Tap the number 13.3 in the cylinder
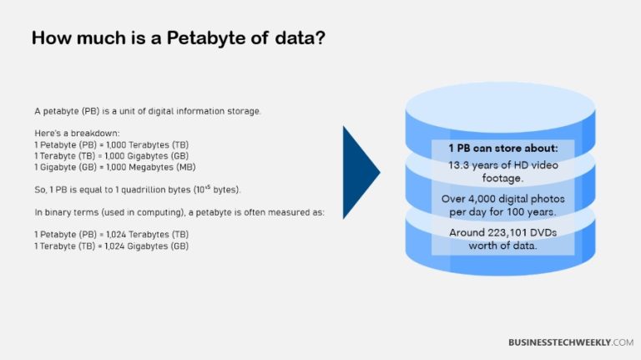tap(460, 165)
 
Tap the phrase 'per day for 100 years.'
tap(502, 210)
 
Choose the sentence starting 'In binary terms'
tap(179, 213)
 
